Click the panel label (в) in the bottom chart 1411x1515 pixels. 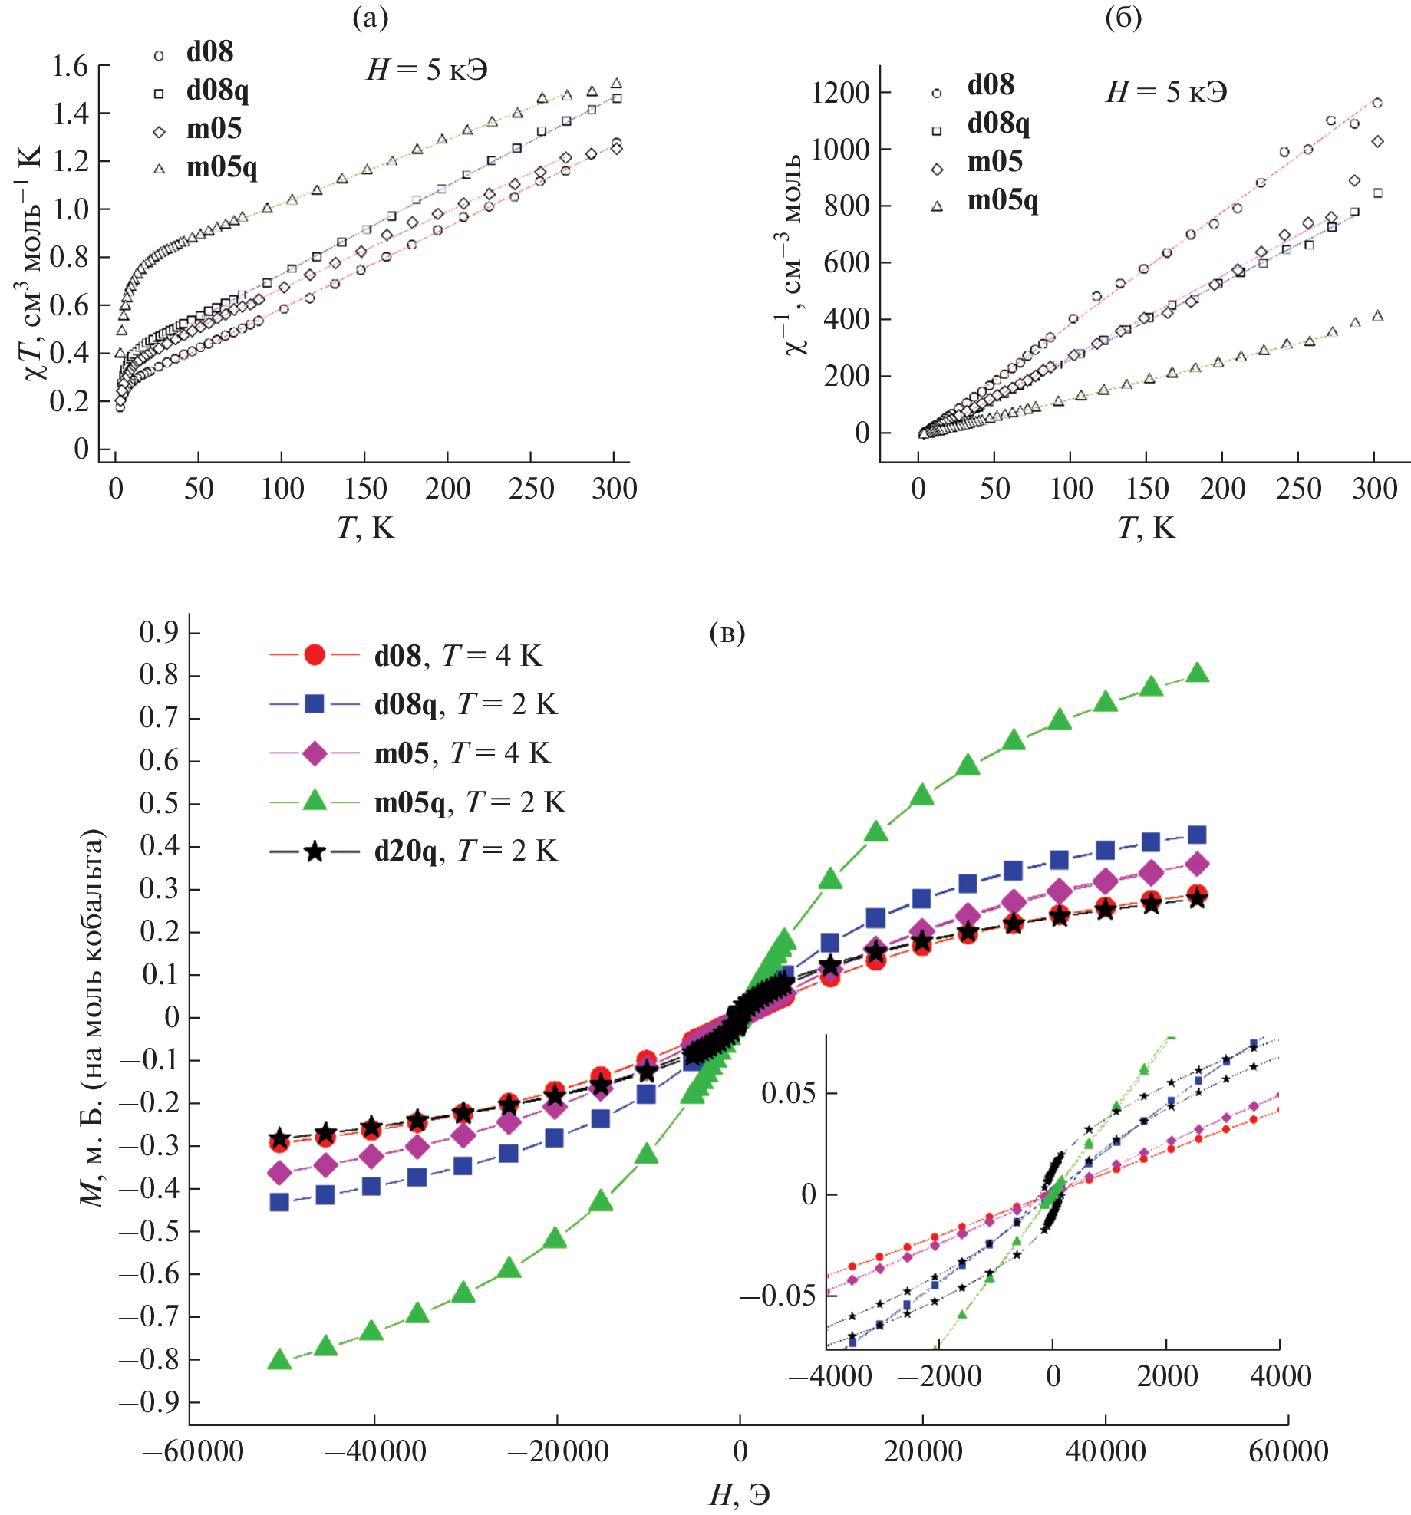click(727, 633)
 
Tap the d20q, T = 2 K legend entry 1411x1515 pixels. click(465, 851)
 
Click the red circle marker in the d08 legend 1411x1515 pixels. click(315, 654)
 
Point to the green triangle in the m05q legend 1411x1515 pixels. click(315, 802)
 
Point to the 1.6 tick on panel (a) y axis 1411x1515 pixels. click(70, 67)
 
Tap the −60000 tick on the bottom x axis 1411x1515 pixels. click(193, 1451)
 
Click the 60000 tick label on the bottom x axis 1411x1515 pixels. click(1288, 1451)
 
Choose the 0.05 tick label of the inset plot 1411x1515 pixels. click(788, 1092)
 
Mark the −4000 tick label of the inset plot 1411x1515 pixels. click(830, 1376)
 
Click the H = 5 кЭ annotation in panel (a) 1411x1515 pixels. click(427, 71)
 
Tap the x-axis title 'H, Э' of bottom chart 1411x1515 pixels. click(739, 1494)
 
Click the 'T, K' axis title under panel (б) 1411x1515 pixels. click(1146, 528)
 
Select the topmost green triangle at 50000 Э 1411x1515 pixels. click(1198, 674)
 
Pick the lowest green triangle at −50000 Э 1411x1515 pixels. click(280, 1359)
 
